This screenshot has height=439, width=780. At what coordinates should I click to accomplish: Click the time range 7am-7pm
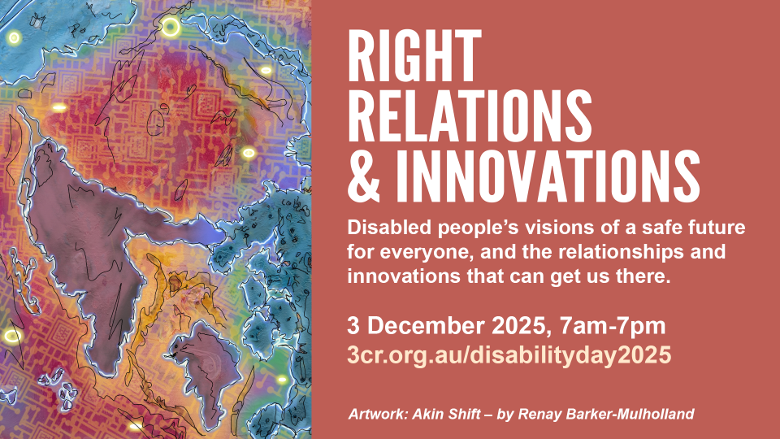click(x=613, y=326)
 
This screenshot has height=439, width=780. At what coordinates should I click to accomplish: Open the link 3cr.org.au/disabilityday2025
click(x=509, y=354)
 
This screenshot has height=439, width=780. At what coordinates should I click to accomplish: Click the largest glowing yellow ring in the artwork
click(x=171, y=28)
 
